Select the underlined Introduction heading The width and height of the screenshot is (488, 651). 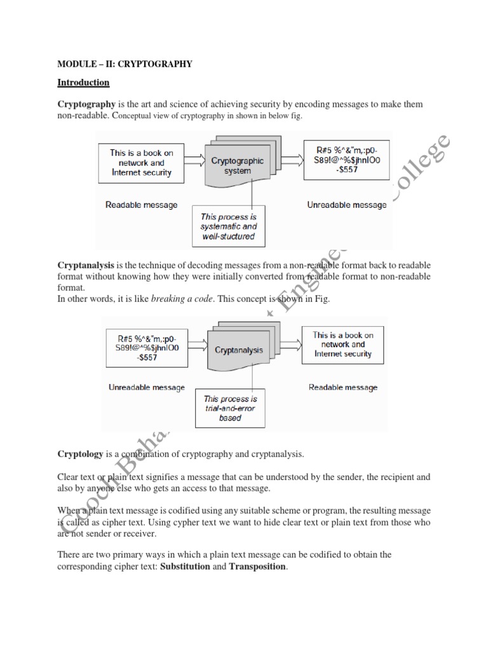point(83,83)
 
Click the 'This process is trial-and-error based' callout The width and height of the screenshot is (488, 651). point(231,409)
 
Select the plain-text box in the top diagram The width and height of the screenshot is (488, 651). point(141,162)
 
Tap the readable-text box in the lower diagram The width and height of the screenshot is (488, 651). point(343,344)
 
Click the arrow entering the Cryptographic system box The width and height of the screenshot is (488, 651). point(194,163)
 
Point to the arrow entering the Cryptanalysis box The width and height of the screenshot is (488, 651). point(196,348)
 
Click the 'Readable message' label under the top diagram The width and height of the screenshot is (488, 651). point(141,205)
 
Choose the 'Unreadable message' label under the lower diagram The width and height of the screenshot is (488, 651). point(147,387)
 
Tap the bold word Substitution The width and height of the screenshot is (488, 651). point(185,566)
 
